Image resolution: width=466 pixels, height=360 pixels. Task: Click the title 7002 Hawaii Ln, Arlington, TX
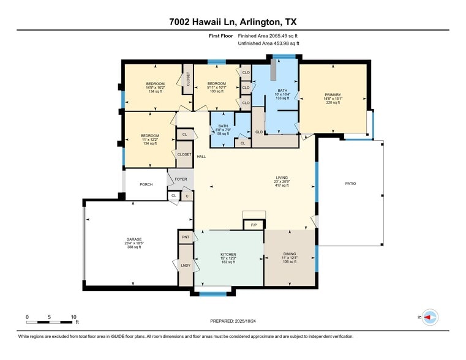233,22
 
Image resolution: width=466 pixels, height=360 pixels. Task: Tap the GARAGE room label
134,239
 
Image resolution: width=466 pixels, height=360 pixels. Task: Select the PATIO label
350,184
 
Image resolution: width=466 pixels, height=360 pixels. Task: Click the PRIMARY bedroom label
333,94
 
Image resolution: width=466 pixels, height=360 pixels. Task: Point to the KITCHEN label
228,254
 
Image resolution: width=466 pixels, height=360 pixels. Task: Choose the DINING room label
290,254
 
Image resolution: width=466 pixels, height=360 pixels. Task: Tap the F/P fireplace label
254,225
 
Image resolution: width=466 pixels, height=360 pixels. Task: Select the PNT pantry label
186,236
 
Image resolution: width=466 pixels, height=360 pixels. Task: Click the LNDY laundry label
186,265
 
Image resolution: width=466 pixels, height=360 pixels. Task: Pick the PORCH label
146,184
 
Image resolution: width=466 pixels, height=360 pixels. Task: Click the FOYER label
181,179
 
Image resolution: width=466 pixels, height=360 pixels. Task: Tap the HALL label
201,157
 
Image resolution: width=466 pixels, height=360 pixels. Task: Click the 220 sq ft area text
333,102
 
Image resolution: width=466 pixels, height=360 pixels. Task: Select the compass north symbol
430,317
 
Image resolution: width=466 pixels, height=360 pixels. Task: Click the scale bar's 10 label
73,317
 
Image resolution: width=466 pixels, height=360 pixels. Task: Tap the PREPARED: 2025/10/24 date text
233,321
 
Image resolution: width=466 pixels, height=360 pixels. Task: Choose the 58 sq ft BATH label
222,133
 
